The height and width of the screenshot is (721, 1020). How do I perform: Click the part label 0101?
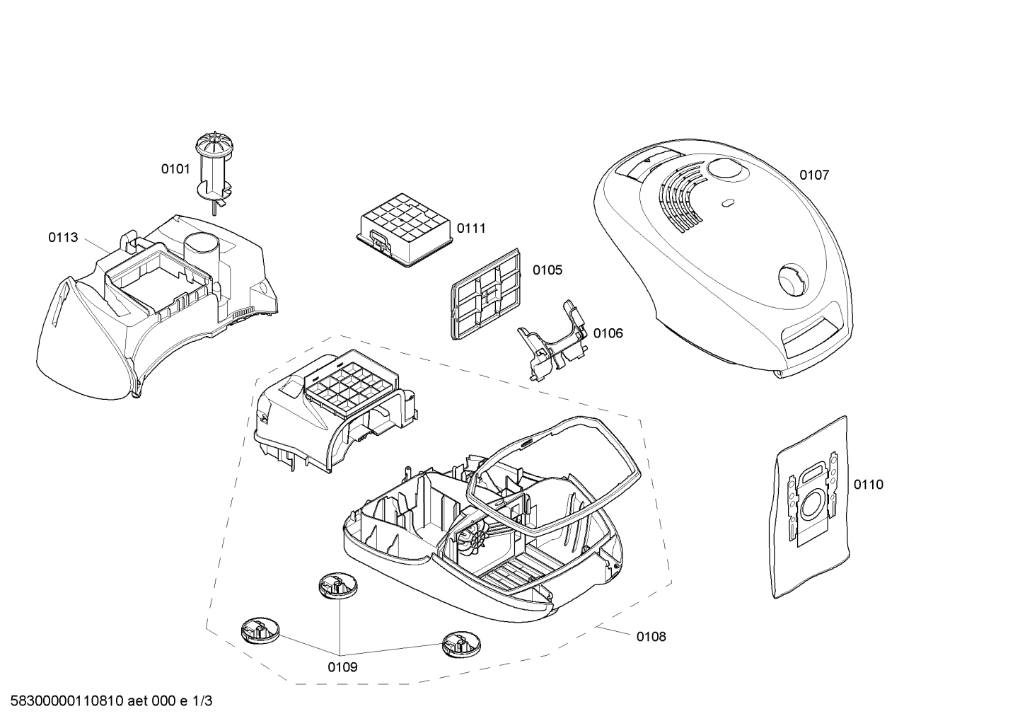175,169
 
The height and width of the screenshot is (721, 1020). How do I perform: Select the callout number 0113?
63,237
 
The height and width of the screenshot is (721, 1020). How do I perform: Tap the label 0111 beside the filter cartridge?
471,229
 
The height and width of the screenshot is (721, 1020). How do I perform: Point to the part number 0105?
547,270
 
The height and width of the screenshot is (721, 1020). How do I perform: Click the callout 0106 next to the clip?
608,333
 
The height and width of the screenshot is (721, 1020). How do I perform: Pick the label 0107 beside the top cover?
815,175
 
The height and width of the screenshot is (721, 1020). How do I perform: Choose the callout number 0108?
651,637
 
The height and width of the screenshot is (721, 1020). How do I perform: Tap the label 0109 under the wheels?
342,667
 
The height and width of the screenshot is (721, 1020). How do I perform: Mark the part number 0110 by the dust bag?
869,484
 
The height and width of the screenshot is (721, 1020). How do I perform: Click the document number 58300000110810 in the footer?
67,701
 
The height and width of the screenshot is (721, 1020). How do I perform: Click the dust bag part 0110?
811,507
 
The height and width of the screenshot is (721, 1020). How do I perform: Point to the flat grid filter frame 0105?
485,294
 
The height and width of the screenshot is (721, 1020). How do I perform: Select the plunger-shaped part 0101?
214,175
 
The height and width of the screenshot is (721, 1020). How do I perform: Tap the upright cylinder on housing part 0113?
201,250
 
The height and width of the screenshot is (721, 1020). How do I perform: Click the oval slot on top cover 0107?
727,202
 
